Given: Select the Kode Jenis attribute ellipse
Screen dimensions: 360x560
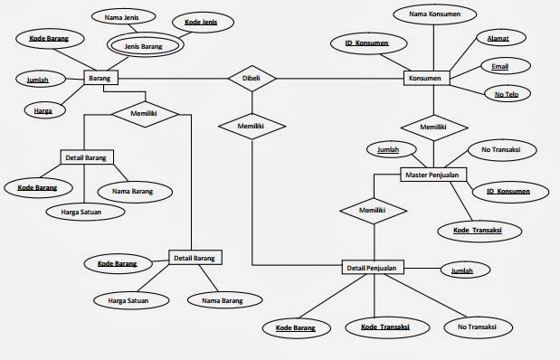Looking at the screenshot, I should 205,20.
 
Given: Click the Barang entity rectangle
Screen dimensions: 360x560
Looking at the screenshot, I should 100,79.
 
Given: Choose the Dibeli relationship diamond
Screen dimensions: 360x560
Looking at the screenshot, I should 251,79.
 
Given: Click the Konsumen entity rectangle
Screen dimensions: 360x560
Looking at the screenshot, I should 426,79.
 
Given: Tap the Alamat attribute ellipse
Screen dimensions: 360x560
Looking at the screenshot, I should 498,40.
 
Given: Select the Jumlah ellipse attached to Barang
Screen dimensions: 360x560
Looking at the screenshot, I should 38,80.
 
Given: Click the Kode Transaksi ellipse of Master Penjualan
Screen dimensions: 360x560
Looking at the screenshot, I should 477,231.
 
